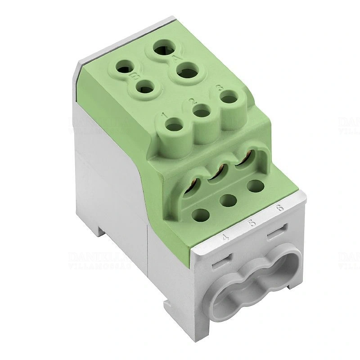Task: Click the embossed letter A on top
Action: pos(176,57)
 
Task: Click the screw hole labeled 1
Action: pos(173,124)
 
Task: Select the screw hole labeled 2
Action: pos(200,111)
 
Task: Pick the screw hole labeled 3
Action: pos(229,97)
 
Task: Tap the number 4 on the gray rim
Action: pos(225,236)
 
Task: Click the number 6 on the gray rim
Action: pos(279,207)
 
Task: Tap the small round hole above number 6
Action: pos(255,184)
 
